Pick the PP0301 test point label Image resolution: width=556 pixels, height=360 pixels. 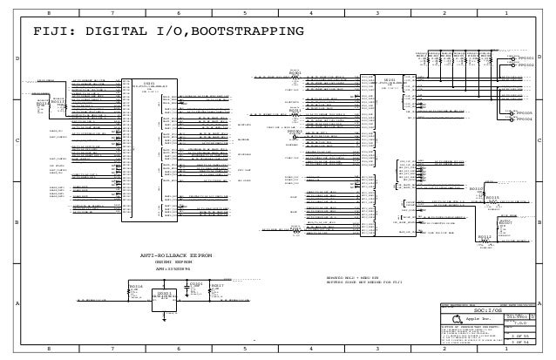(x=526, y=58)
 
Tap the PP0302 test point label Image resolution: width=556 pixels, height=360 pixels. (x=526, y=65)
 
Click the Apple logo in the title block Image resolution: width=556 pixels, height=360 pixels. (x=455, y=318)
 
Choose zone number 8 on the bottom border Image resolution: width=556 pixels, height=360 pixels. (x=48, y=348)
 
